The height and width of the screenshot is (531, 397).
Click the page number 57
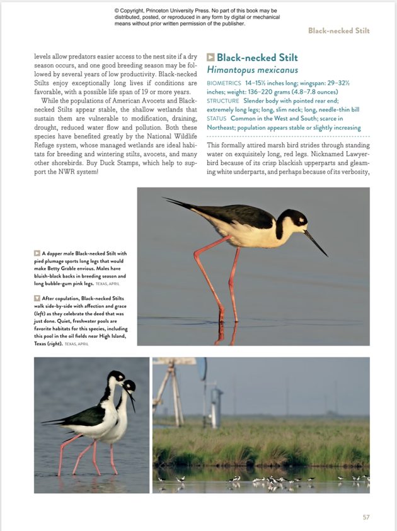point(366,517)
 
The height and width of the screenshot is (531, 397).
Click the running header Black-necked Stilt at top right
point(338,30)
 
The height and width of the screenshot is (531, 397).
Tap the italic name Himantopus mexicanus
point(252,70)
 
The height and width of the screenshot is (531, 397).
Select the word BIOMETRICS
point(224,83)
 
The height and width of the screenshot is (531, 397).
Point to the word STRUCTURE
point(223,101)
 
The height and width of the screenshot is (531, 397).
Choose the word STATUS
point(216,118)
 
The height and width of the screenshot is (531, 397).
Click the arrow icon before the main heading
point(211,58)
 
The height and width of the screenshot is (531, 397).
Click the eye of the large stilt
point(301,220)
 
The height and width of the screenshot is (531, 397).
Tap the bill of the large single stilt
point(316,243)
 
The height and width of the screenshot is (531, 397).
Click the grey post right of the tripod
point(216,408)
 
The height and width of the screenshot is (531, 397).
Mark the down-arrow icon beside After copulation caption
point(37,298)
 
